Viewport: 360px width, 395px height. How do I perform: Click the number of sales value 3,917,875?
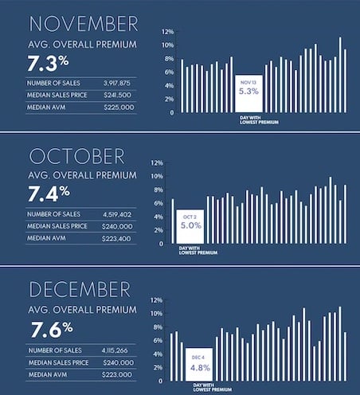pos(119,82)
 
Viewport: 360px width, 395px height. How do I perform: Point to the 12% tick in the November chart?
pos(166,32)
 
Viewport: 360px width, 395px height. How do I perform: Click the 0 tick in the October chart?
pos(161,244)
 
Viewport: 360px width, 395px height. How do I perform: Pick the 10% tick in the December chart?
pos(156,314)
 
